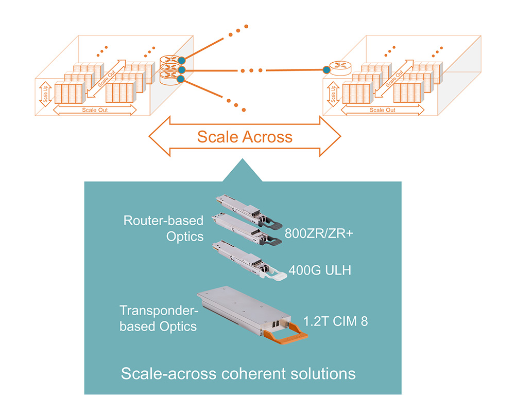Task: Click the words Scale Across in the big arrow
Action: (x=245, y=137)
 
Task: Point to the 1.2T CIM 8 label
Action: (x=336, y=323)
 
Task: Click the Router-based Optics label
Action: (x=163, y=228)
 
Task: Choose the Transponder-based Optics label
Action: (x=158, y=318)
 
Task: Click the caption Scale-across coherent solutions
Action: (x=238, y=373)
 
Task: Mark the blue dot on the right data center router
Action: (x=325, y=69)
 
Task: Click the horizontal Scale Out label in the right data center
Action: (x=383, y=110)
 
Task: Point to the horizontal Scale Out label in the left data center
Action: (x=95, y=110)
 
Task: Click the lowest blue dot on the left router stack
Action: (x=180, y=79)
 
